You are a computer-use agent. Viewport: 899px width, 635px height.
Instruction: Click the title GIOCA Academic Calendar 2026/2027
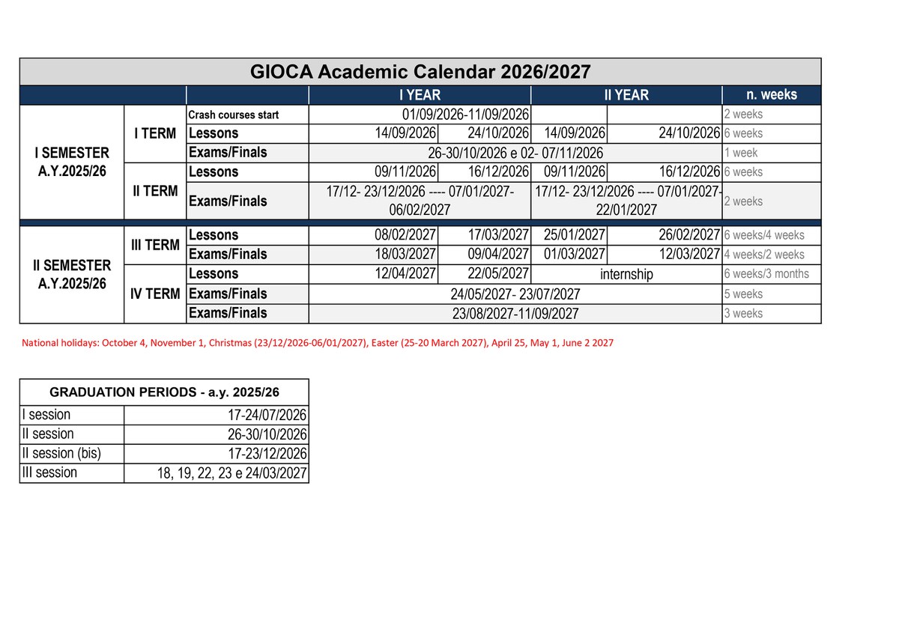(420, 72)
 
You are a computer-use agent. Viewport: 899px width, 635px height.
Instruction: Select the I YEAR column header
(420, 95)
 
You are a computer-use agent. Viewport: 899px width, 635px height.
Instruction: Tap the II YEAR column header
(626, 95)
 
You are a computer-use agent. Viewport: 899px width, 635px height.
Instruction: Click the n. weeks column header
(771, 95)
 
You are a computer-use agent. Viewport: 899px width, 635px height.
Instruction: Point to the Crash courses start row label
(234, 115)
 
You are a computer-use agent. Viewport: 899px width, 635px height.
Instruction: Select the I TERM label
(155, 134)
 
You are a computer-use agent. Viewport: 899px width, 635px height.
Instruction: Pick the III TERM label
(155, 245)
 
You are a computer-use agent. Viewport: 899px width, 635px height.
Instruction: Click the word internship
(626, 274)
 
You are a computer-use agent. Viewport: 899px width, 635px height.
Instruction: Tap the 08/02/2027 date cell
(405, 235)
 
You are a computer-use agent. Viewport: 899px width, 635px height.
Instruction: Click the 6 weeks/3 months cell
(766, 274)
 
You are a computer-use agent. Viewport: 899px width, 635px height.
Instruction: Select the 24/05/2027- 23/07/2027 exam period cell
(515, 294)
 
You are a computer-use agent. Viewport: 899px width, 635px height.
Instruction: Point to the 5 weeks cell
(743, 294)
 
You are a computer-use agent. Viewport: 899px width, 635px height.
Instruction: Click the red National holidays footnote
(318, 343)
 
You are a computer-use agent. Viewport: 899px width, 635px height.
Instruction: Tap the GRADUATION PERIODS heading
(164, 392)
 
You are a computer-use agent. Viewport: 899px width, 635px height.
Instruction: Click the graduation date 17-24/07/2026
(267, 416)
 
